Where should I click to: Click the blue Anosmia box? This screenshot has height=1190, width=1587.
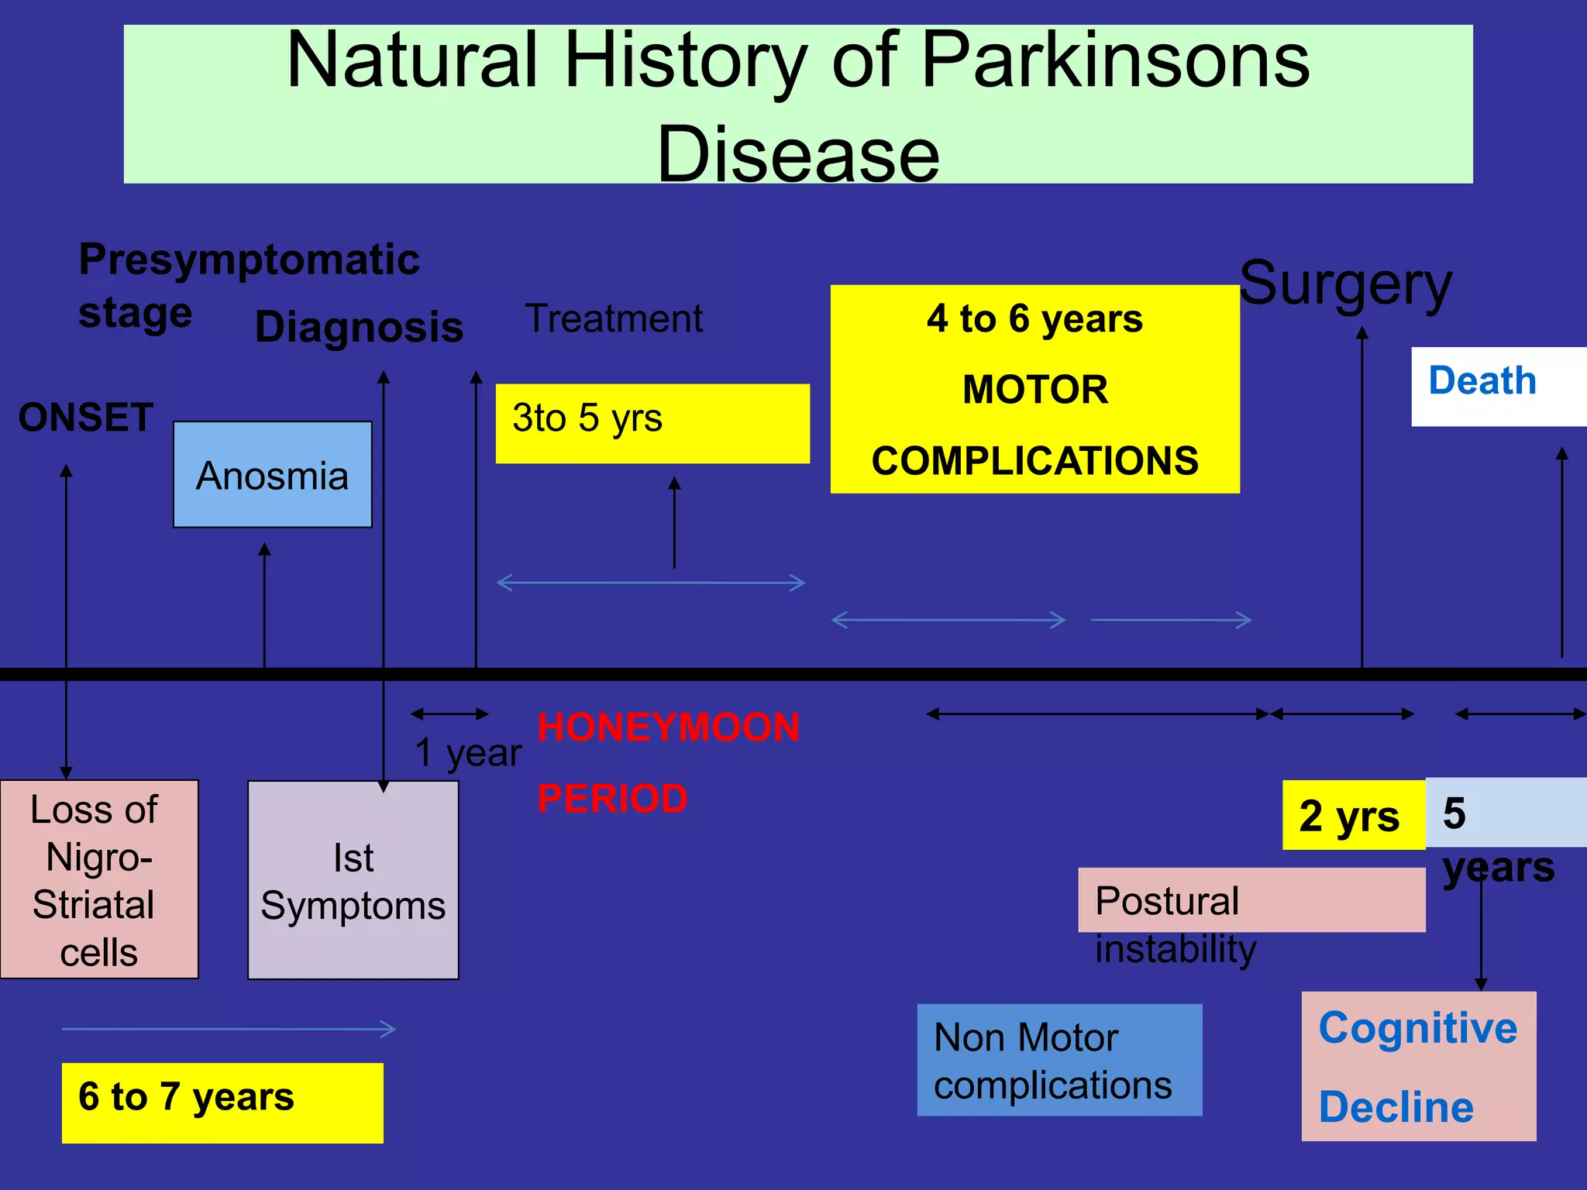click(x=272, y=475)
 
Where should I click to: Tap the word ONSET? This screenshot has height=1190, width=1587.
click(x=85, y=418)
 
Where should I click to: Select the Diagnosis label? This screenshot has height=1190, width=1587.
click(x=359, y=327)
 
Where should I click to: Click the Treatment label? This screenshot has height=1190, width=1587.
click(x=614, y=318)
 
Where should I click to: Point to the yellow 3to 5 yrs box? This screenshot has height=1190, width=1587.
click(x=652, y=423)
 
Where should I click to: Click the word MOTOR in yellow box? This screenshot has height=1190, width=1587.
click(x=1034, y=389)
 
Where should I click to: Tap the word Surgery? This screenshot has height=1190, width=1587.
click(x=1346, y=284)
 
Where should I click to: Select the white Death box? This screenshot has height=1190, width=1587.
click(x=1497, y=386)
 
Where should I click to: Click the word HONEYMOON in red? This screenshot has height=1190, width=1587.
click(x=668, y=727)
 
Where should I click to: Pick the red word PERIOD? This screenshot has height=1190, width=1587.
click(x=612, y=799)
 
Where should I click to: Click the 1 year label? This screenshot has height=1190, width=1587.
click(x=468, y=752)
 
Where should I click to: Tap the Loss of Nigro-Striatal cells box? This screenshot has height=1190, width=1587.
click(x=99, y=879)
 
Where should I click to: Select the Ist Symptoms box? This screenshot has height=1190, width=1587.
click(x=353, y=881)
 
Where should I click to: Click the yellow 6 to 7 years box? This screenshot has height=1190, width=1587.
click(x=222, y=1102)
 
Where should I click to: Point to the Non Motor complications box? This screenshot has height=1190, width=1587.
click(x=1059, y=1060)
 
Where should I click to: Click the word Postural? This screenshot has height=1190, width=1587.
click(x=1167, y=901)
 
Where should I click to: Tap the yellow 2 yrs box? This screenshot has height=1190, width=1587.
click(x=1352, y=815)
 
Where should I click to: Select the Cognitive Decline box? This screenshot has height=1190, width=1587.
click(x=1418, y=1066)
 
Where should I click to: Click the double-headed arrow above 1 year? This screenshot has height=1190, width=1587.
click(x=449, y=714)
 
